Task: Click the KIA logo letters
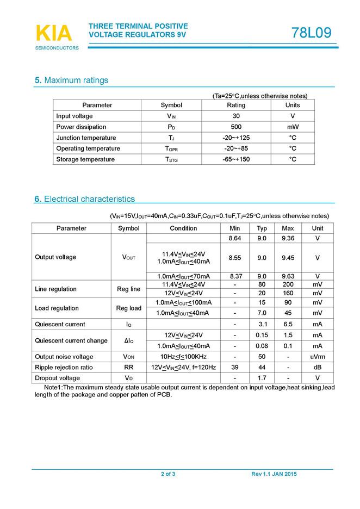[x=53, y=34]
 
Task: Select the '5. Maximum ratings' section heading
[x=71, y=80]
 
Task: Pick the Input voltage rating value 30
[x=236, y=116]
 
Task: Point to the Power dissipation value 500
[x=236, y=127]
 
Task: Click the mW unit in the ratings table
[x=293, y=127]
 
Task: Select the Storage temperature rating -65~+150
[x=236, y=159]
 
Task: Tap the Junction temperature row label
[x=86, y=138]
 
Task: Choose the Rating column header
[x=236, y=105]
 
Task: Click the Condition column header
[x=183, y=228]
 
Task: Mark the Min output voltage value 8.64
[x=235, y=239]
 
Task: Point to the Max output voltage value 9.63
[x=288, y=276]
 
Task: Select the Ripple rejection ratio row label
[x=64, y=368]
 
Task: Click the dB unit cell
[x=318, y=368]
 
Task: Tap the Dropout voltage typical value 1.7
[x=262, y=378]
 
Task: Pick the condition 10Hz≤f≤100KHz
[x=183, y=357]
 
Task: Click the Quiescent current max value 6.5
[x=288, y=324]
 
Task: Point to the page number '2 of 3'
[x=168, y=475]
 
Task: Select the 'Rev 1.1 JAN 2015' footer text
[x=274, y=475]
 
